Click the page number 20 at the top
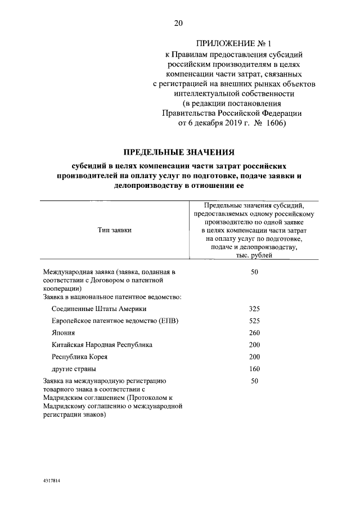178,23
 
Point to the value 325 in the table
254,309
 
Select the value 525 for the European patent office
254,321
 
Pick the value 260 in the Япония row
254,333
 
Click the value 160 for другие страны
254,369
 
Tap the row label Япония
63,333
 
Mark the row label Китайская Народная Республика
102,345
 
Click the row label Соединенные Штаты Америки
98,309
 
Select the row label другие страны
73,369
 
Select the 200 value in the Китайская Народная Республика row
254,345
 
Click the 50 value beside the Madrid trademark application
254,381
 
